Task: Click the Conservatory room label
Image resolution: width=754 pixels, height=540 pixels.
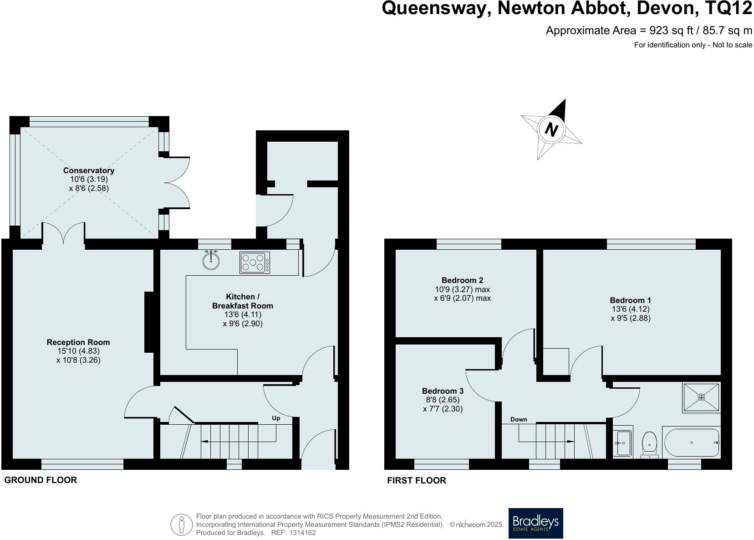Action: click(89, 170)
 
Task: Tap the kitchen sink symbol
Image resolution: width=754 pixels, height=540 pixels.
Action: click(211, 260)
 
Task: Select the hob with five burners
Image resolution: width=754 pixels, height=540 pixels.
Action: click(255, 262)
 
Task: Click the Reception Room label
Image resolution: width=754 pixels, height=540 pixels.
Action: click(78, 342)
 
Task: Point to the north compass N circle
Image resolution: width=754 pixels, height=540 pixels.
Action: click(551, 129)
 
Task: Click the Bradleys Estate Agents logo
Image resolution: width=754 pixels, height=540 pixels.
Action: click(535, 523)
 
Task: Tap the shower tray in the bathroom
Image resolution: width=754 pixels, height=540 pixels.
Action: click(701, 397)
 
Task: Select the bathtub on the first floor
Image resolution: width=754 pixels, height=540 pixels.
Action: click(691, 442)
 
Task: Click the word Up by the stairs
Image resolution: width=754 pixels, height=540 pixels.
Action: click(276, 418)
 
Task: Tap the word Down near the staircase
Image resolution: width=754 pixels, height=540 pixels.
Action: click(519, 419)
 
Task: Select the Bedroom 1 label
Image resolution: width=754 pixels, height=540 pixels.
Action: click(630, 300)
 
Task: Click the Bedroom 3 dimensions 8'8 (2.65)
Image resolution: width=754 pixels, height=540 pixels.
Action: click(443, 400)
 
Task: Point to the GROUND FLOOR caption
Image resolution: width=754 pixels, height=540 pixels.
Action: click(41, 480)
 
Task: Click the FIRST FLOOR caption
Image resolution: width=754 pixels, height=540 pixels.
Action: click(416, 480)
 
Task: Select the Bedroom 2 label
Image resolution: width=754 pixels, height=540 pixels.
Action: click(462, 280)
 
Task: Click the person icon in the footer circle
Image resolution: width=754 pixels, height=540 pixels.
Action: click(182, 525)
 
